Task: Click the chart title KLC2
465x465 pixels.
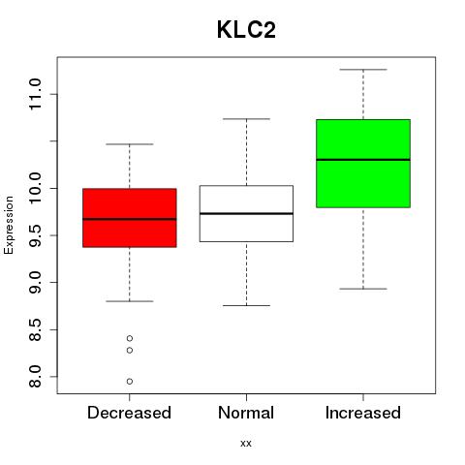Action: click(246, 30)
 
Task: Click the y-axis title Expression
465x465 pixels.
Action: click(9, 225)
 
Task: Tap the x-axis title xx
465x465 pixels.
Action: click(246, 444)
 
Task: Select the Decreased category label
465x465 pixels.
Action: click(129, 413)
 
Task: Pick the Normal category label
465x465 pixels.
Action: click(246, 413)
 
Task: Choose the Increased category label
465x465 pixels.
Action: click(363, 413)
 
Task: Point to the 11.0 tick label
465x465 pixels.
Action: click(35, 94)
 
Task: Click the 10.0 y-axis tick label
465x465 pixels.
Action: click(35, 188)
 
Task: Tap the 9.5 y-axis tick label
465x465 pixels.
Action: click(35, 235)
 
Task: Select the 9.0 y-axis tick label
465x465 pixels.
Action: click(35, 283)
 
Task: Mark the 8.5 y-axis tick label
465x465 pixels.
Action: click(35, 329)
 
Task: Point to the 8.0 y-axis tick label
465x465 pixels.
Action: click(35, 377)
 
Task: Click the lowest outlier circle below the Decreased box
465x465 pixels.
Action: click(130, 382)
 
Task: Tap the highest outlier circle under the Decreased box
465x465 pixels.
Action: click(130, 338)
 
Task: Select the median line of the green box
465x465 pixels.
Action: click(363, 160)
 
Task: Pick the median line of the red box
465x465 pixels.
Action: click(130, 219)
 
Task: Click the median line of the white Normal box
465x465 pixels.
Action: click(246, 213)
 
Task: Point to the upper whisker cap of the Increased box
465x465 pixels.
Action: click(363, 70)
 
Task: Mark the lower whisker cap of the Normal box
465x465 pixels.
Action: click(246, 305)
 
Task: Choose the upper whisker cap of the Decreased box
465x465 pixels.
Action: click(130, 144)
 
